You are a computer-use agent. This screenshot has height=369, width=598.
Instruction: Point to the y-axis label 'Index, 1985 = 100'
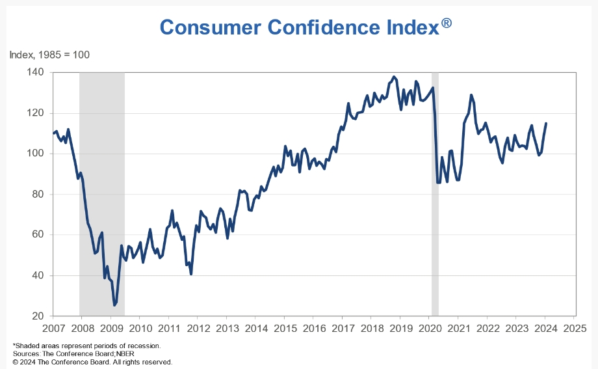[x=49, y=55]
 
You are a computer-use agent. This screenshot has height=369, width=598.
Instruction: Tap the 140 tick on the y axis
[x=35, y=72]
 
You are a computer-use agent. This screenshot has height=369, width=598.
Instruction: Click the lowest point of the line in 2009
[x=114, y=305]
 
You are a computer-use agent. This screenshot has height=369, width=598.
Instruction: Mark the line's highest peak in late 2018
[x=394, y=77]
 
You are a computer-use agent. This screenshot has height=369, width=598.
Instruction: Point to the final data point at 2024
[x=545, y=123]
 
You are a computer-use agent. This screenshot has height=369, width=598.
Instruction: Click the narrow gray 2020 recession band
[x=435, y=195]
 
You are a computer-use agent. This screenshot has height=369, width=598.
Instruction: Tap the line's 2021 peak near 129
[x=471, y=95]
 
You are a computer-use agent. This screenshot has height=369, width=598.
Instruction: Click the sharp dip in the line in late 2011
[x=191, y=273]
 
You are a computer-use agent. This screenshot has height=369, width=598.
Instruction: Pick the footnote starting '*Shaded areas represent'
[x=86, y=345]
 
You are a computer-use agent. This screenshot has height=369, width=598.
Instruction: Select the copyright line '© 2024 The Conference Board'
[x=92, y=361]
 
